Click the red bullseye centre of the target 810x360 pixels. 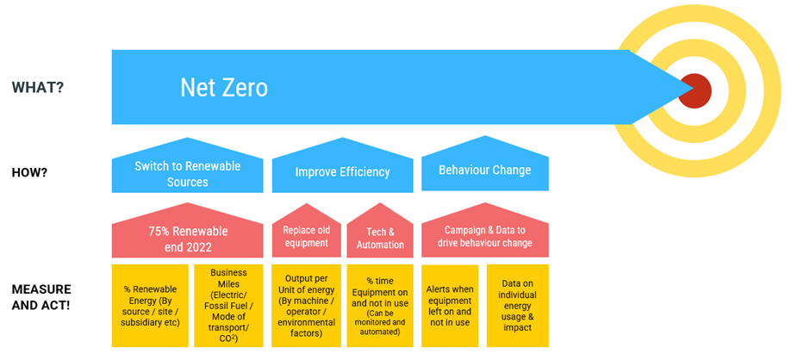[695, 91]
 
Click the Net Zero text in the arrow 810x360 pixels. [224, 88]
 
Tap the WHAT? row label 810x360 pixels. [38, 87]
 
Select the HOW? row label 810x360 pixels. [29, 172]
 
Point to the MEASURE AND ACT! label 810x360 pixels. [41, 296]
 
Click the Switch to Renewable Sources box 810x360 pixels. [188, 165]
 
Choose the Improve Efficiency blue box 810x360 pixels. [342, 165]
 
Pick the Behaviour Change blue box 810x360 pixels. [485, 164]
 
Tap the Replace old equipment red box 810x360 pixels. [306, 231]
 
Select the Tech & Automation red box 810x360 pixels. [380, 232]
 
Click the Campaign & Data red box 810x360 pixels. [485, 230]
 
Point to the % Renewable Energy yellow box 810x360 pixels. [150, 306]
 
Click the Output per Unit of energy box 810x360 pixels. [306, 306]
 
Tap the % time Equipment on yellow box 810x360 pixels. [380, 306]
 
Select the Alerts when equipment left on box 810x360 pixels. [450, 306]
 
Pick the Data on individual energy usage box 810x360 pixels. [518, 306]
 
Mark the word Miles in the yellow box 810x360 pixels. [229, 282]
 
